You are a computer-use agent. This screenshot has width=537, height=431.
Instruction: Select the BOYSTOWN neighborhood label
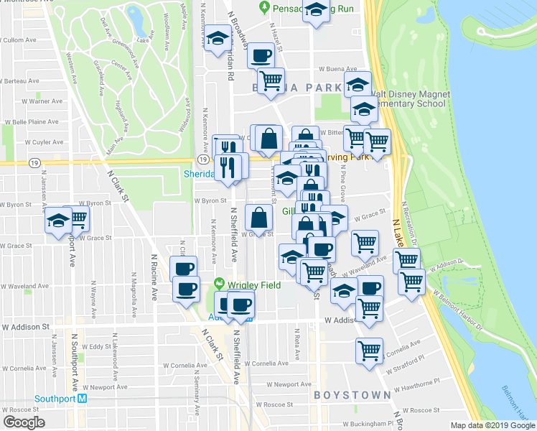(x=352, y=395)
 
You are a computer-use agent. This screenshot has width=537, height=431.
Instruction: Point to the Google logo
(x=23, y=422)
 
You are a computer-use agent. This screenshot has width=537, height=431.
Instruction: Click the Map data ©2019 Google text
(x=492, y=425)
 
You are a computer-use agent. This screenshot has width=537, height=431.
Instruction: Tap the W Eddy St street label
(x=95, y=346)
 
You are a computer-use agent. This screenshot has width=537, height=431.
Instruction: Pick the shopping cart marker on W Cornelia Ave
(x=369, y=352)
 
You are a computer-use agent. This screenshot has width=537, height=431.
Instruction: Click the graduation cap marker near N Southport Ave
(x=58, y=221)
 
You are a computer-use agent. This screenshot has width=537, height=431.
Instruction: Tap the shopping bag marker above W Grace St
(x=259, y=216)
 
